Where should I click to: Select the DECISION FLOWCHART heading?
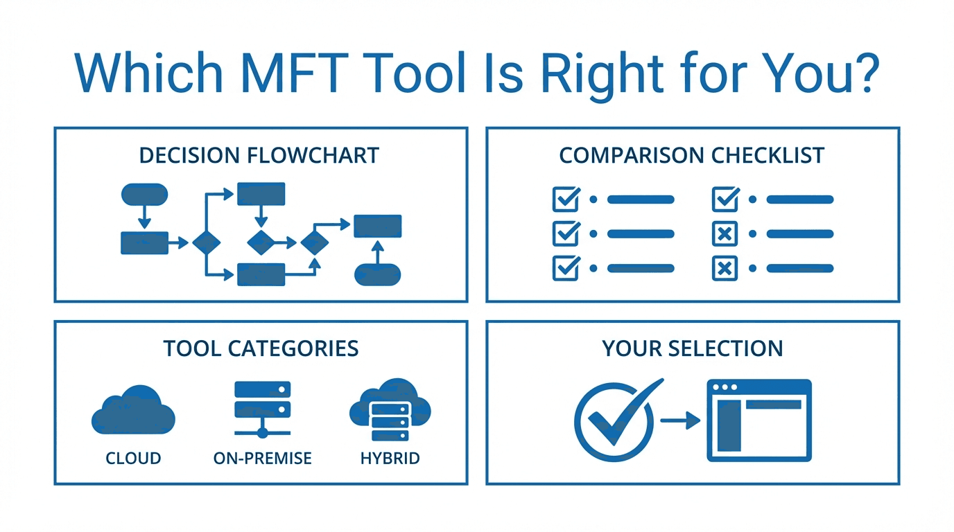tap(259, 155)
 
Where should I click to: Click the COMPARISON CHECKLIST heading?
tap(692, 155)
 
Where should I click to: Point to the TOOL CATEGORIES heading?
tap(261, 348)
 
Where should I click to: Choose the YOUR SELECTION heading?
tap(693, 348)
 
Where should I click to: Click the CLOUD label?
tap(133, 459)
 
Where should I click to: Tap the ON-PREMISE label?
tap(263, 459)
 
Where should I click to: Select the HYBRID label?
tap(390, 459)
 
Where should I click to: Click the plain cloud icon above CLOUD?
tap(133, 412)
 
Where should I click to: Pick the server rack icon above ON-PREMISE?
tap(262, 409)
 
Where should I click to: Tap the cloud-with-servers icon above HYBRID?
tap(390, 410)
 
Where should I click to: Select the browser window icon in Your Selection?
tap(759, 420)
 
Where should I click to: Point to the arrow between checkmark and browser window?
tap(680, 420)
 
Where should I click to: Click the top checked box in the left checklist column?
tap(566, 199)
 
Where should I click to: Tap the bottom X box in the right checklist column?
tap(725, 268)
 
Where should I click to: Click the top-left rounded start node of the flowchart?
tap(144, 195)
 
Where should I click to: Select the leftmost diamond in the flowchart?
tap(206, 242)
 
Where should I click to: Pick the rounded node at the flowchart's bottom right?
tap(377, 275)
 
